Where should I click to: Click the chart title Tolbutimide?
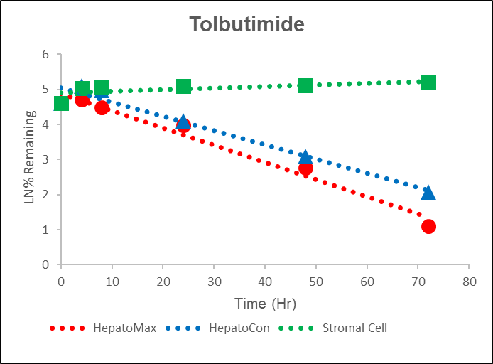[246, 24]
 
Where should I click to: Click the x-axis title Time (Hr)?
[265, 304]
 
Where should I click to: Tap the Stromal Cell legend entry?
[354, 328]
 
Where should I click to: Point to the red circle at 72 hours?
[428, 227]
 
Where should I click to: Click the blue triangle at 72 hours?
[428, 192]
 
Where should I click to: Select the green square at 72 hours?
[428, 82]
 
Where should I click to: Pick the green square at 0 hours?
[61, 103]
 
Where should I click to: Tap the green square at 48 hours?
[305, 85]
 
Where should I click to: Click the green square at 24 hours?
[183, 86]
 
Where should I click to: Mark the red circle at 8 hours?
[102, 107]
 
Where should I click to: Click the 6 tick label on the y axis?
[45, 54]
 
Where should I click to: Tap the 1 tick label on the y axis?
[45, 230]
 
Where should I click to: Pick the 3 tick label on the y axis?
[45, 159]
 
